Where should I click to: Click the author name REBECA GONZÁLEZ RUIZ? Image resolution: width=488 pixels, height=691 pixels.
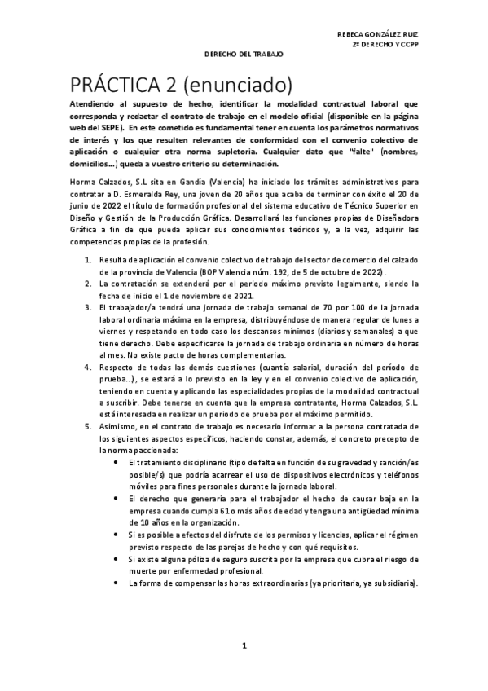[383, 33]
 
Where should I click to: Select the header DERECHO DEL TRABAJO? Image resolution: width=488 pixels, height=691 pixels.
[243, 54]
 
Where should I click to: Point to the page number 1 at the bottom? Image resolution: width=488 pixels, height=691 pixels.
[244, 646]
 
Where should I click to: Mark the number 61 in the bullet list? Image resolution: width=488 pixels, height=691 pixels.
[217, 510]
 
